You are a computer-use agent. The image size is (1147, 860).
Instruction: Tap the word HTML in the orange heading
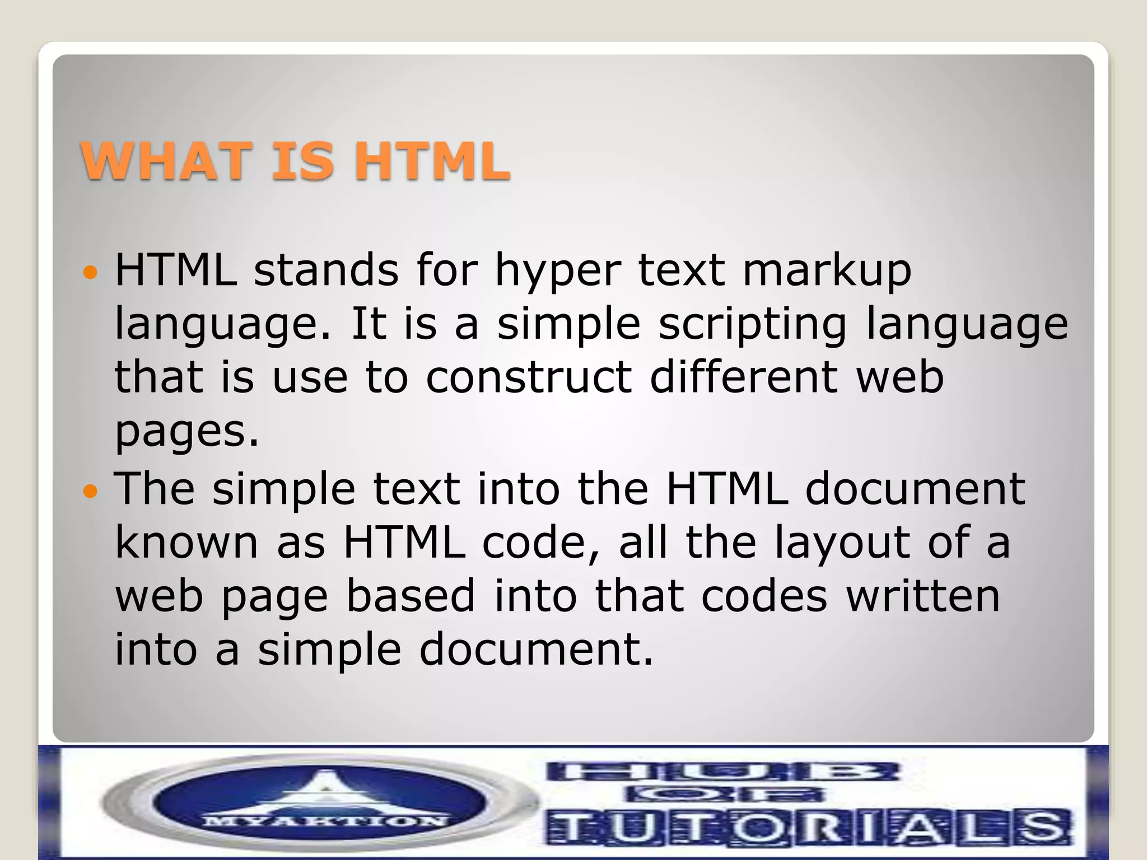click(432, 161)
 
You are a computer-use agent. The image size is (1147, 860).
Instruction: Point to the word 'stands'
click(326, 270)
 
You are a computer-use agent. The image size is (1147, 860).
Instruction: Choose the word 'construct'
click(529, 377)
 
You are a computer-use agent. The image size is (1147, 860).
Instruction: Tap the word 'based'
click(411, 596)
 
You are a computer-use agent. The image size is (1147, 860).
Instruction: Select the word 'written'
click(923, 596)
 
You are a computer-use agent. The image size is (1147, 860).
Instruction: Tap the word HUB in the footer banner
click(722, 773)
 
